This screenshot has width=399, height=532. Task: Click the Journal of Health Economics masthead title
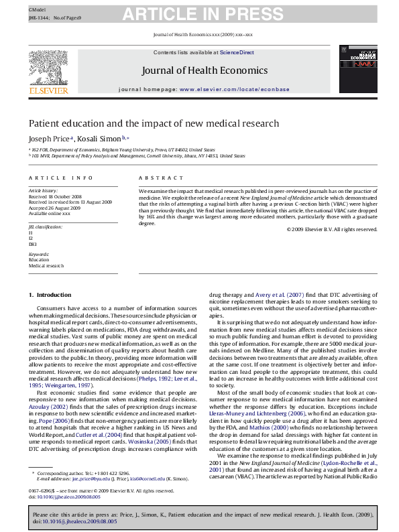pyautogui.click(x=205, y=70)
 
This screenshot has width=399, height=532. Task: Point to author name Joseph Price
pyautogui.click(x=50, y=139)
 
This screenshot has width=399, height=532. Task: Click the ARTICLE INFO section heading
pyautogui.click(x=60, y=178)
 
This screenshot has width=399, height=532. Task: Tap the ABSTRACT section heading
pyautogui.click(x=161, y=178)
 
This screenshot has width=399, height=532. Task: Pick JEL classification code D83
pyautogui.click(x=33, y=245)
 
